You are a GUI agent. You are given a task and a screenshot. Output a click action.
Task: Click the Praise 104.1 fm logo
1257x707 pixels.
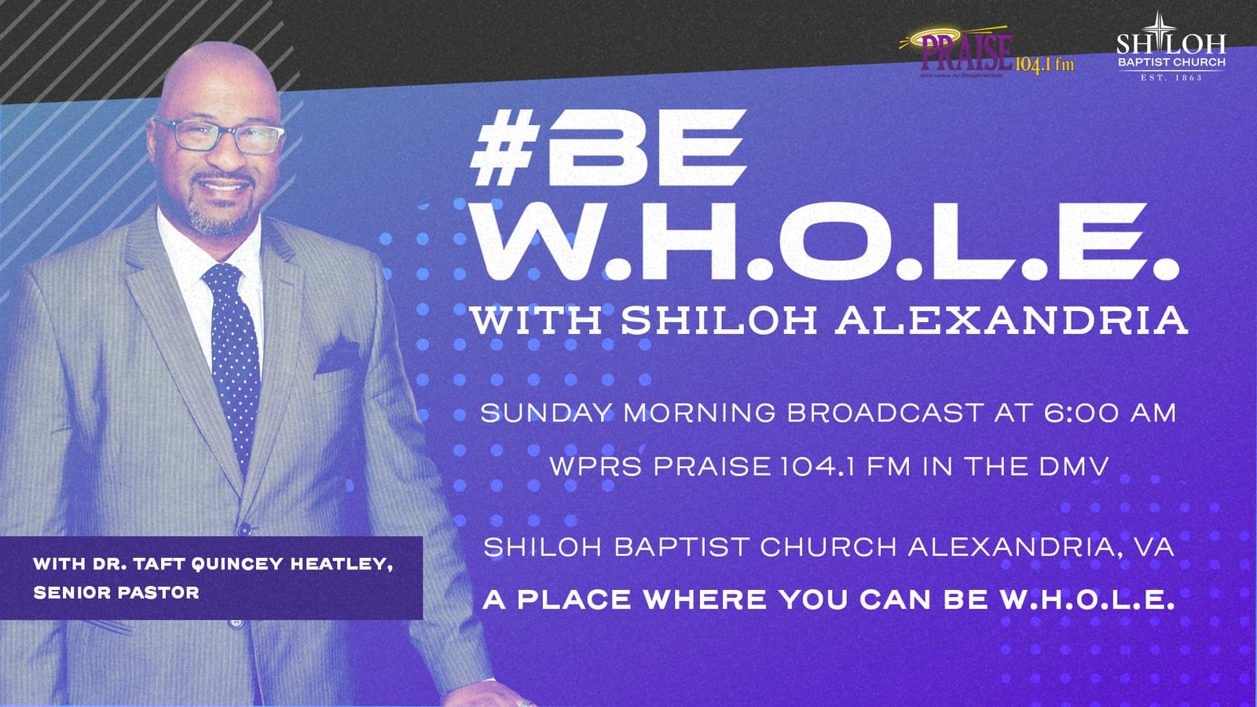pyautogui.click(x=987, y=54)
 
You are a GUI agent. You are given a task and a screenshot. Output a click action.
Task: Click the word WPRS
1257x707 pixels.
pyautogui.click(x=596, y=466)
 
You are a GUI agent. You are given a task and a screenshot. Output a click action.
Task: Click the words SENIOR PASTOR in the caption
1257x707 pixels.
pyautogui.click(x=116, y=592)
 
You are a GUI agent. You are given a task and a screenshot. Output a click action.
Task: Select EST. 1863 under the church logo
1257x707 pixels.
pyautogui.click(x=1171, y=78)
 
